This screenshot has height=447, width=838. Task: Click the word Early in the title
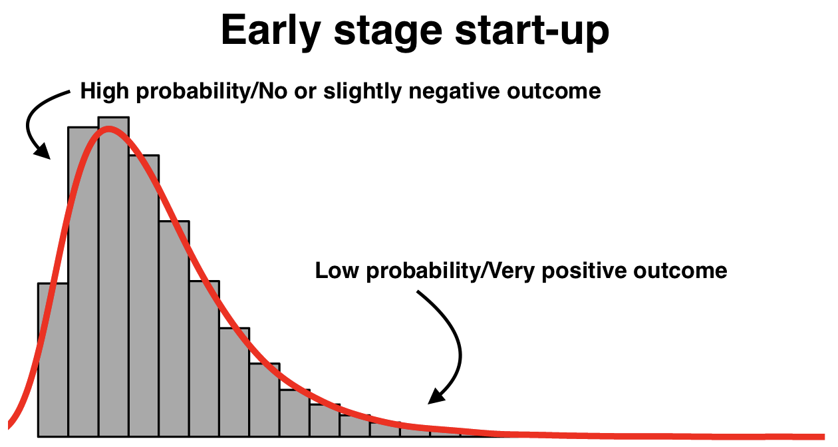point(271,31)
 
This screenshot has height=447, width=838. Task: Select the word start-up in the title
point(532,32)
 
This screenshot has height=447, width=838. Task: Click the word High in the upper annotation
point(104,92)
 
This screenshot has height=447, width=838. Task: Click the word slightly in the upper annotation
point(362,92)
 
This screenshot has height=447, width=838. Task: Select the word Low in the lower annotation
point(337,271)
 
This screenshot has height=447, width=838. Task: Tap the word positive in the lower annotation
point(584,271)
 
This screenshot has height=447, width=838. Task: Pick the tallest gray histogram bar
point(114,277)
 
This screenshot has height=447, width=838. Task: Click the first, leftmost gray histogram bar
point(53,360)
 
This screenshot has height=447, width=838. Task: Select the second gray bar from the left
point(83,282)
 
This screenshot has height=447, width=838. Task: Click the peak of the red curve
point(109,129)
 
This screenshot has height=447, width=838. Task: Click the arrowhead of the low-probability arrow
point(436,396)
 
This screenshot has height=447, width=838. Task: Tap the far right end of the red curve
point(824,437)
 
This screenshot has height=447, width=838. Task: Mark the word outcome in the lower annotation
point(680,271)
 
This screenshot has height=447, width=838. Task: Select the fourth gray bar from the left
point(144,296)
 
